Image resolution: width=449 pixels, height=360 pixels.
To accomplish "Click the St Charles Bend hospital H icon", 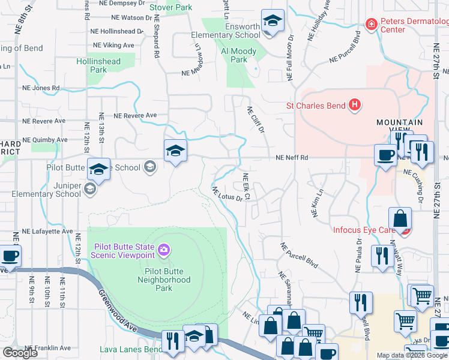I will pos(355,106).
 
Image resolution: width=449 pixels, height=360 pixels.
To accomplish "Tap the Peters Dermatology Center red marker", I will pos(372,25).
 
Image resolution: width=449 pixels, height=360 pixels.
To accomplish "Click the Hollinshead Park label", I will pos(98,65).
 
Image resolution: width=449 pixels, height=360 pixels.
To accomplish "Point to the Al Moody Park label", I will pos(239,55).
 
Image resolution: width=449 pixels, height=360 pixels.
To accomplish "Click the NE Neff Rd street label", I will pos(292,158).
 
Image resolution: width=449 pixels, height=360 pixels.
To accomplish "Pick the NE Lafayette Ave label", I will pos(47,231).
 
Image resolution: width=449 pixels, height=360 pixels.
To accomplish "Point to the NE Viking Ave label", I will pos(113,45).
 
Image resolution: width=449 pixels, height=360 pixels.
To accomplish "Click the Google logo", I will pos(20,353).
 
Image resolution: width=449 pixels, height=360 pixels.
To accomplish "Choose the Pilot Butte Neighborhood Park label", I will pos(163,280).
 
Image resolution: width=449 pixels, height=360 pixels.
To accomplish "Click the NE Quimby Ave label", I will pos(45,140).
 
